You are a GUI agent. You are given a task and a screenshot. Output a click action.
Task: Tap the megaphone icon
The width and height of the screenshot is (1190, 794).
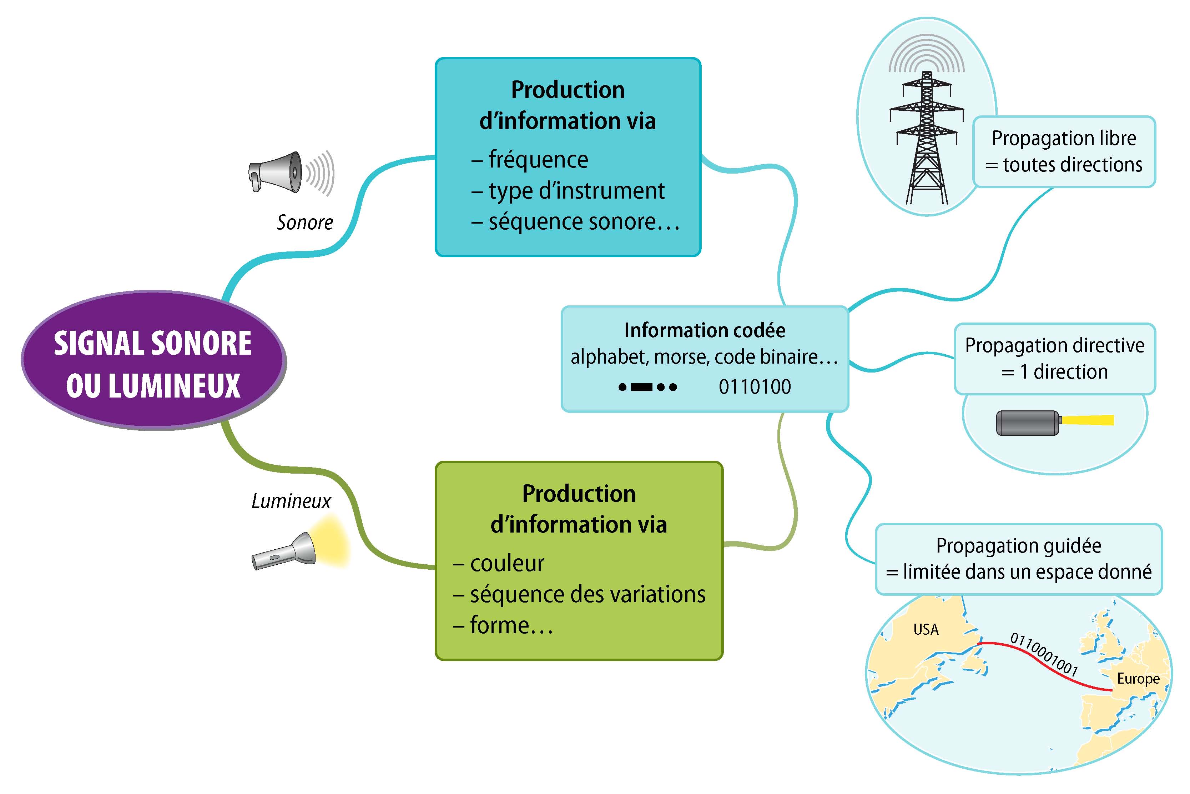283,172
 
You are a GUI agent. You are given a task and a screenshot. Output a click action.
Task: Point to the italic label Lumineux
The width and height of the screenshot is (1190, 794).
291,501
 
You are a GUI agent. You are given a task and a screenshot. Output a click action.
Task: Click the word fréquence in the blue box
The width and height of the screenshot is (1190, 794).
538,160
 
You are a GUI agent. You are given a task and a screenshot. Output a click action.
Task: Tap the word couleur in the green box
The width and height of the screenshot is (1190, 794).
507,563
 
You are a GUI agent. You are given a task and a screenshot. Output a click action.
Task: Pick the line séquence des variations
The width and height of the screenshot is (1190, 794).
587,594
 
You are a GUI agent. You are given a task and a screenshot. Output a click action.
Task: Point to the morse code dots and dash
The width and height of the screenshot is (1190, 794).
647,388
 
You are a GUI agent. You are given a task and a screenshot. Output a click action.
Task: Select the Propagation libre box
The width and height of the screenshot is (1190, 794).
1064,152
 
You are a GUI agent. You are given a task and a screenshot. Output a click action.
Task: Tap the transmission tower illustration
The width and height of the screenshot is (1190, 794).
926,137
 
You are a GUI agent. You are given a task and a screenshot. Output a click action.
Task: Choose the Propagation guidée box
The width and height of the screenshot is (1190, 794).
1018,559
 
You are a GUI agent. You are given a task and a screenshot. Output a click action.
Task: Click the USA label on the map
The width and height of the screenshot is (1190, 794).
926,629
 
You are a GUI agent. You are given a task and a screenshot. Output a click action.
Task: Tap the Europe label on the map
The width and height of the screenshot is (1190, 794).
1138,679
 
